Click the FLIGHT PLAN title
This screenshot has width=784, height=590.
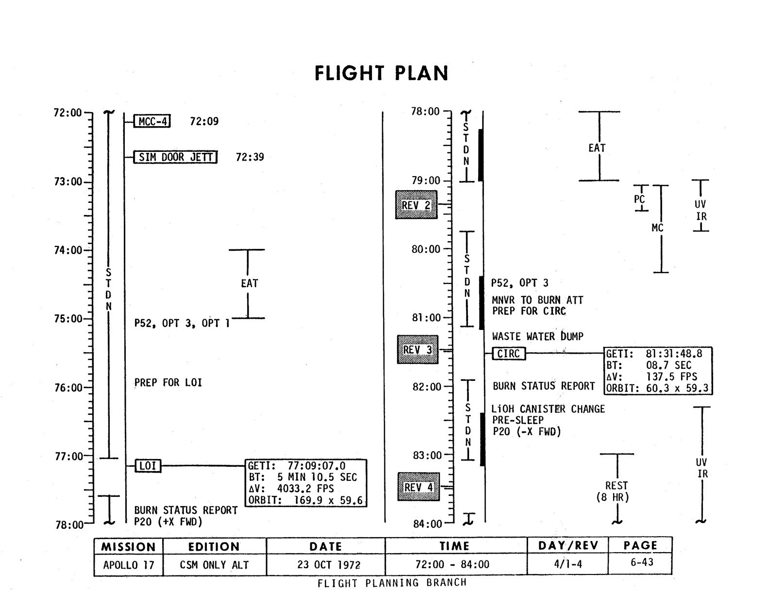point(381,73)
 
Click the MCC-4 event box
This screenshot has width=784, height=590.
point(152,121)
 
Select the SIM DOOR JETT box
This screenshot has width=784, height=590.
point(175,157)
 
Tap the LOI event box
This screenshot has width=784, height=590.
point(148,466)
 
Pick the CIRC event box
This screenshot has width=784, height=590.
point(509,354)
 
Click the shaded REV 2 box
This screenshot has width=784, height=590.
point(416,205)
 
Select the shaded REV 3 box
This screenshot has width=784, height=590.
point(417,349)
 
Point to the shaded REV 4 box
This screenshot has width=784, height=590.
point(418,487)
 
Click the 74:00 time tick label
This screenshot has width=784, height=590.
point(68,250)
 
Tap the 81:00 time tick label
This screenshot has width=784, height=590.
point(426,318)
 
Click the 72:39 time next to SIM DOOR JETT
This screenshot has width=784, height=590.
point(250,157)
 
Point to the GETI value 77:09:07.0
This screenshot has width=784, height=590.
point(317,466)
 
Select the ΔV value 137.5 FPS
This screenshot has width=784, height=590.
point(671,377)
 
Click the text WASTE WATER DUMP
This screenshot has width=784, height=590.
point(537,336)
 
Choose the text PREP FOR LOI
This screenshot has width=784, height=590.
point(168,383)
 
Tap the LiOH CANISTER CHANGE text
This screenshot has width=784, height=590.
point(549,409)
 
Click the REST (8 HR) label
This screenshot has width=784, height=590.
point(617,491)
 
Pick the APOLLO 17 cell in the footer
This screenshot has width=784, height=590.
point(129,565)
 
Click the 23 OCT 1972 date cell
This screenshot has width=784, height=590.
point(326,565)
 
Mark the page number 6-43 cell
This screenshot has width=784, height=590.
point(642,562)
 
